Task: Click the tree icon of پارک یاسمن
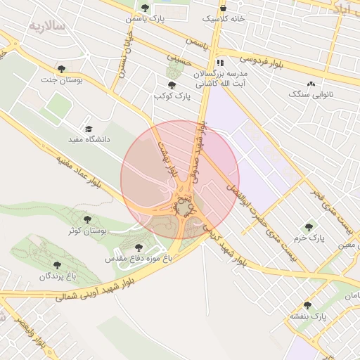click(146, 8)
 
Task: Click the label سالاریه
click(46, 25)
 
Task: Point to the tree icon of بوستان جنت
click(63, 69)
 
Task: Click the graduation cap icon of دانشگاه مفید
click(89, 129)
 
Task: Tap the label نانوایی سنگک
click(310, 94)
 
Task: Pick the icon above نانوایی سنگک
click(310, 83)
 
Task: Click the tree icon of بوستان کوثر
click(87, 219)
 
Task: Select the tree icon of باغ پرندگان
click(57, 265)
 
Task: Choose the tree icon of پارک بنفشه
click(307, 305)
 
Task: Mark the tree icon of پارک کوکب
click(172, 84)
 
